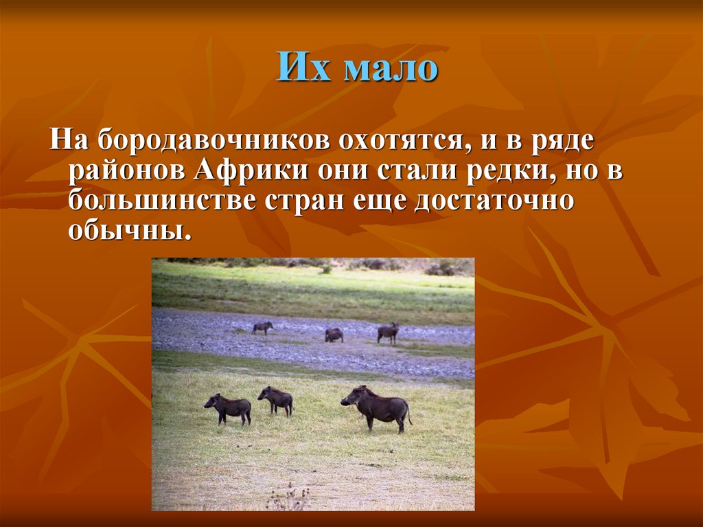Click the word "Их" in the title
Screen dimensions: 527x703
pyautogui.click(x=302, y=69)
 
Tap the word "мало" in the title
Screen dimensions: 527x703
pyautogui.click(x=390, y=70)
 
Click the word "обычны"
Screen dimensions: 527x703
pyautogui.click(x=126, y=230)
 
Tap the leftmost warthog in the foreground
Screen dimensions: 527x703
pyautogui.click(x=229, y=408)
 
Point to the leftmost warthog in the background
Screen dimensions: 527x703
pyautogui.click(x=262, y=328)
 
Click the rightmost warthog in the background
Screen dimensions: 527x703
pyautogui.click(x=388, y=333)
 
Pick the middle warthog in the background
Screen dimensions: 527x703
pyautogui.click(x=334, y=335)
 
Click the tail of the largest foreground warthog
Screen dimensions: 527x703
pyautogui.click(x=410, y=416)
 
